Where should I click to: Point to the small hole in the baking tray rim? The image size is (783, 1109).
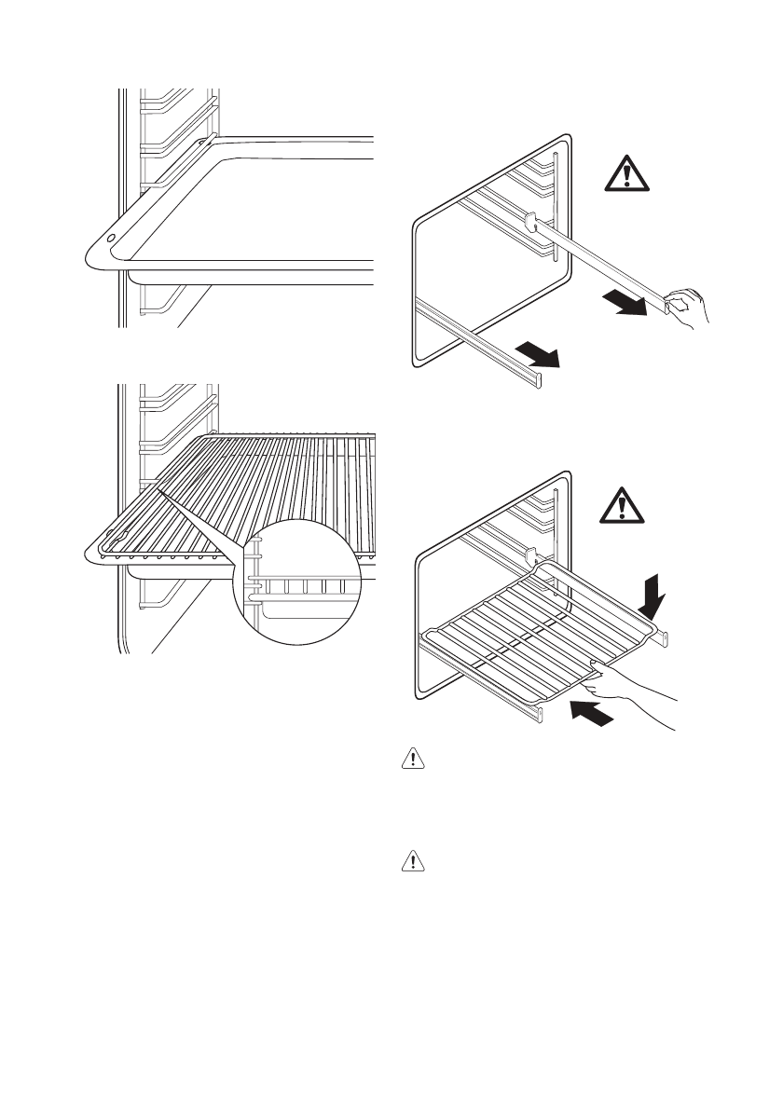[x=112, y=239]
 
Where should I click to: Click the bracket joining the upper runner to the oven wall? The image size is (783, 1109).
[x=532, y=222]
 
